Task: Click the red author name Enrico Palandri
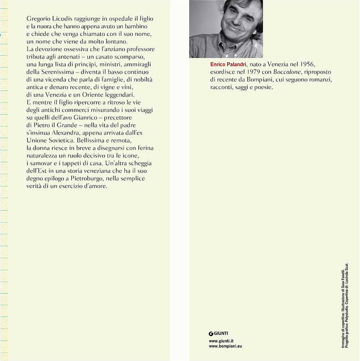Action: tap(227, 64)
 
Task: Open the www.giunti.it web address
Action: tap(221, 340)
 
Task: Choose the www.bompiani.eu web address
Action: tap(225, 346)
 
